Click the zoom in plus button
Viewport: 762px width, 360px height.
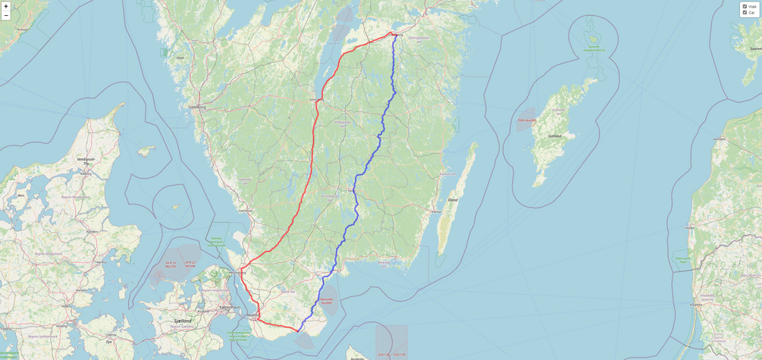click(6, 6)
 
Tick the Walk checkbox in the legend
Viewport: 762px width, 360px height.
click(745, 6)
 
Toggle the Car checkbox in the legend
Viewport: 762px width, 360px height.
click(745, 12)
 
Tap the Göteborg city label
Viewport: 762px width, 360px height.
click(197, 108)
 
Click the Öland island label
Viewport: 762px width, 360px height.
click(453, 200)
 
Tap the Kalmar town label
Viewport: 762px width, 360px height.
click(436, 211)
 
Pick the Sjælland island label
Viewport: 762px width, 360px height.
click(183, 321)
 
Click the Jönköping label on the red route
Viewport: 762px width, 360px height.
click(315, 99)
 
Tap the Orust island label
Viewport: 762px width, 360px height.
click(180, 58)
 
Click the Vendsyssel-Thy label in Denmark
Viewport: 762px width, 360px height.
click(86, 160)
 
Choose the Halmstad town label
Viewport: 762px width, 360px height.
click(245, 210)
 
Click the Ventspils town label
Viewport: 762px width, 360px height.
click(720, 139)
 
